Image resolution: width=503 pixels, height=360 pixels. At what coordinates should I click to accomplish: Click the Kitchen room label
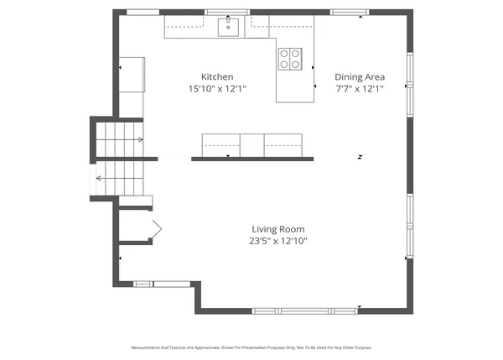tap(216, 76)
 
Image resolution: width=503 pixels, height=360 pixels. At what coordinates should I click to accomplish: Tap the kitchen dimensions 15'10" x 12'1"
tap(216, 88)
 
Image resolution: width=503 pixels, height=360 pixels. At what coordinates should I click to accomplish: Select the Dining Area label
tap(360, 76)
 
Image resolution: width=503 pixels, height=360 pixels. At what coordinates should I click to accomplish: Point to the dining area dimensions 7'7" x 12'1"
tap(360, 88)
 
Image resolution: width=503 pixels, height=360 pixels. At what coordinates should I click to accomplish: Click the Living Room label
tap(278, 229)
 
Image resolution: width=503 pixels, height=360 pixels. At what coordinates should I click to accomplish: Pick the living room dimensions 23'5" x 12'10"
tap(278, 241)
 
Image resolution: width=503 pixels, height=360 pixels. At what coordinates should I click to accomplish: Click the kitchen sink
tap(229, 28)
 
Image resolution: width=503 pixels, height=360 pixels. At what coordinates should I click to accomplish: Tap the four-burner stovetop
tap(291, 58)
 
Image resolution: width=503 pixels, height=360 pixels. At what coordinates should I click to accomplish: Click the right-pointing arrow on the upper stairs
tap(140, 139)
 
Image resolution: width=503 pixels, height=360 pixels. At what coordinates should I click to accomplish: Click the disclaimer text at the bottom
tap(251, 347)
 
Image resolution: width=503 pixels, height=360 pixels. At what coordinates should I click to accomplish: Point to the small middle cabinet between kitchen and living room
tap(252, 144)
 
